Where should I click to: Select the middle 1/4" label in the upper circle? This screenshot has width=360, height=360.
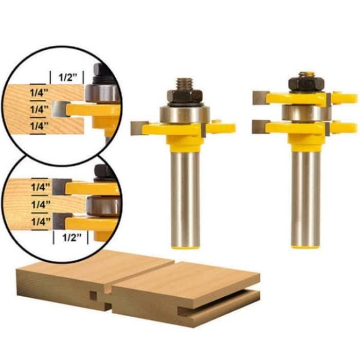point(39,109)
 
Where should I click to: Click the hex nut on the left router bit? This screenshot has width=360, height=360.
point(185,96)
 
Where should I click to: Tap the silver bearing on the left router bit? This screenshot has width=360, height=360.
point(185,114)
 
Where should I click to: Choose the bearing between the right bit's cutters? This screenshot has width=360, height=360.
point(303,113)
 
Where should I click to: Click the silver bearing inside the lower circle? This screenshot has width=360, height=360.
point(103,204)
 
